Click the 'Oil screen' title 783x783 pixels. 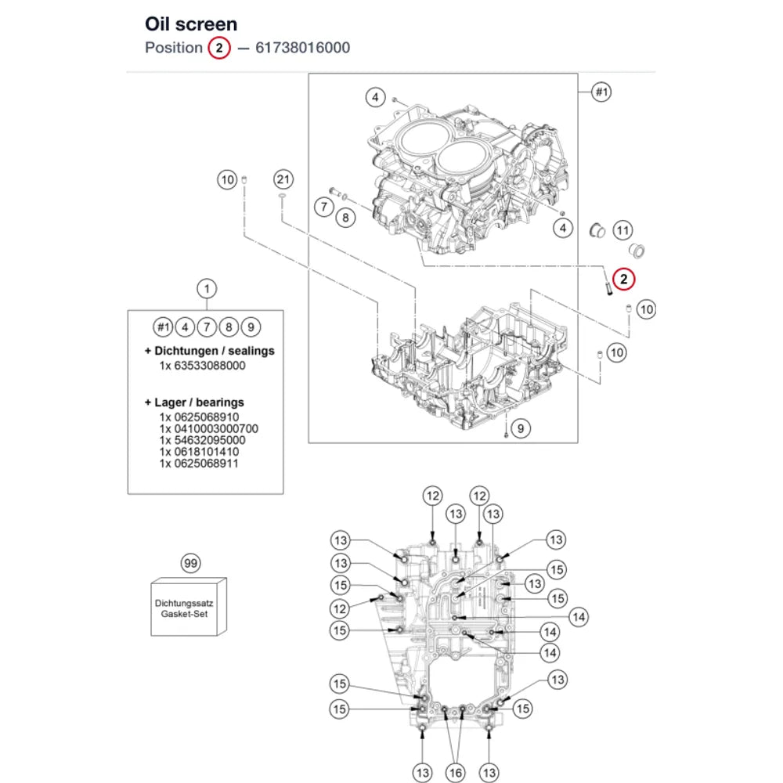191,24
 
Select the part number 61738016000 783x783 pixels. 302,48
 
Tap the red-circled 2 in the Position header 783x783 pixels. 218,48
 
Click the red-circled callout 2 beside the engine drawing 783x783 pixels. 623,280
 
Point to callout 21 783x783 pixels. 283,179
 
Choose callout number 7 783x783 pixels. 324,206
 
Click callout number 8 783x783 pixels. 345,218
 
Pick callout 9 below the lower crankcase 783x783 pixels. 521,428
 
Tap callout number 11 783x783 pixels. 622,230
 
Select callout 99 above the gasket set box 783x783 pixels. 191,563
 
